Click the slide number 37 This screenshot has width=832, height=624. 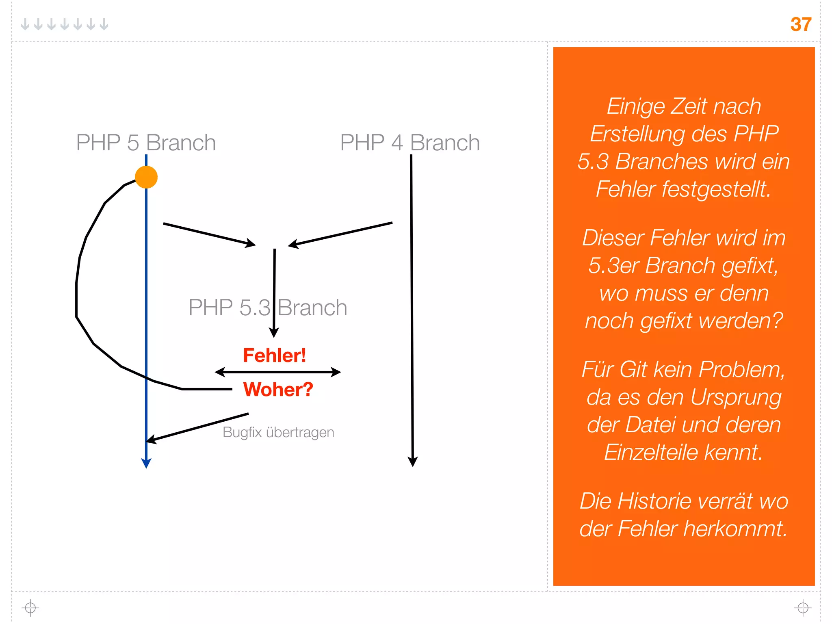coord(800,24)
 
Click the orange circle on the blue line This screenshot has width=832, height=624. coord(146,177)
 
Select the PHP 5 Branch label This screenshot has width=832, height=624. coord(146,143)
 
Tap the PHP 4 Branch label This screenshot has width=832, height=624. coord(410,143)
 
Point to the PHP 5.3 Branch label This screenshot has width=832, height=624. coord(268,308)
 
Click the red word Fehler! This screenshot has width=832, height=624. coord(274,355)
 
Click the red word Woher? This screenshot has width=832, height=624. coord(278,389)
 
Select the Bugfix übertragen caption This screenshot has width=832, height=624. coord(278,432)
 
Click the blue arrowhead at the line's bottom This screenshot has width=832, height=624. coord(146,464)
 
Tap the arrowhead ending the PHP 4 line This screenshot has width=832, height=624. coord(413,462)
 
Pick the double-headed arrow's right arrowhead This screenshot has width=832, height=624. coord(336,372)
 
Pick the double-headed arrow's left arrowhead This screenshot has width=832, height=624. coord(220,372)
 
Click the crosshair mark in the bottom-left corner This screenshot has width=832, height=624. coord(30,608)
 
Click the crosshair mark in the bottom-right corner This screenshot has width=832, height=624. coord(803,608)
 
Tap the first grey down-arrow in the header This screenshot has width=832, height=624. coord(25,24)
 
